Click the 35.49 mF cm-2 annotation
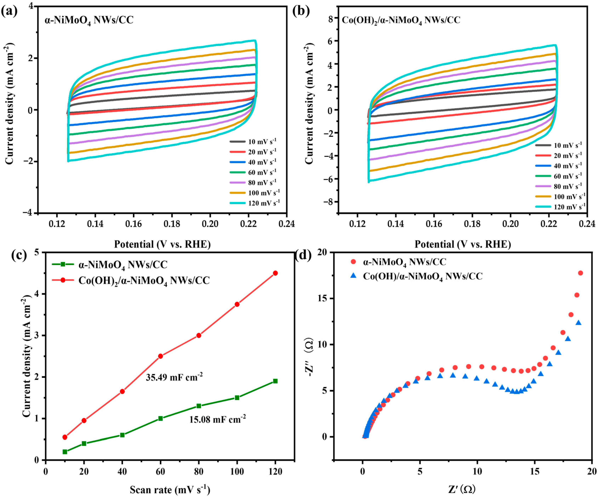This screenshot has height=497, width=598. click(174, 377)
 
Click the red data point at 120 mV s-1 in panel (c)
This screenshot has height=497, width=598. click(275, 273)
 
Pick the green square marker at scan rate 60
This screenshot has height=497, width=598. click(160, 418)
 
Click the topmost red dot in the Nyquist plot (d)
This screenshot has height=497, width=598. click(580, 273)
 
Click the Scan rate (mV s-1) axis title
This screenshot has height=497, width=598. click(170, 489)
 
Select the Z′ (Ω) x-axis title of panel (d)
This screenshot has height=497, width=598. click(462, 489)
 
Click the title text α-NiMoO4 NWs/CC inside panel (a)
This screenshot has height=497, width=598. click(89, 20)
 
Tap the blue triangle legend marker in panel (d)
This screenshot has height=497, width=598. click(353, 275)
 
